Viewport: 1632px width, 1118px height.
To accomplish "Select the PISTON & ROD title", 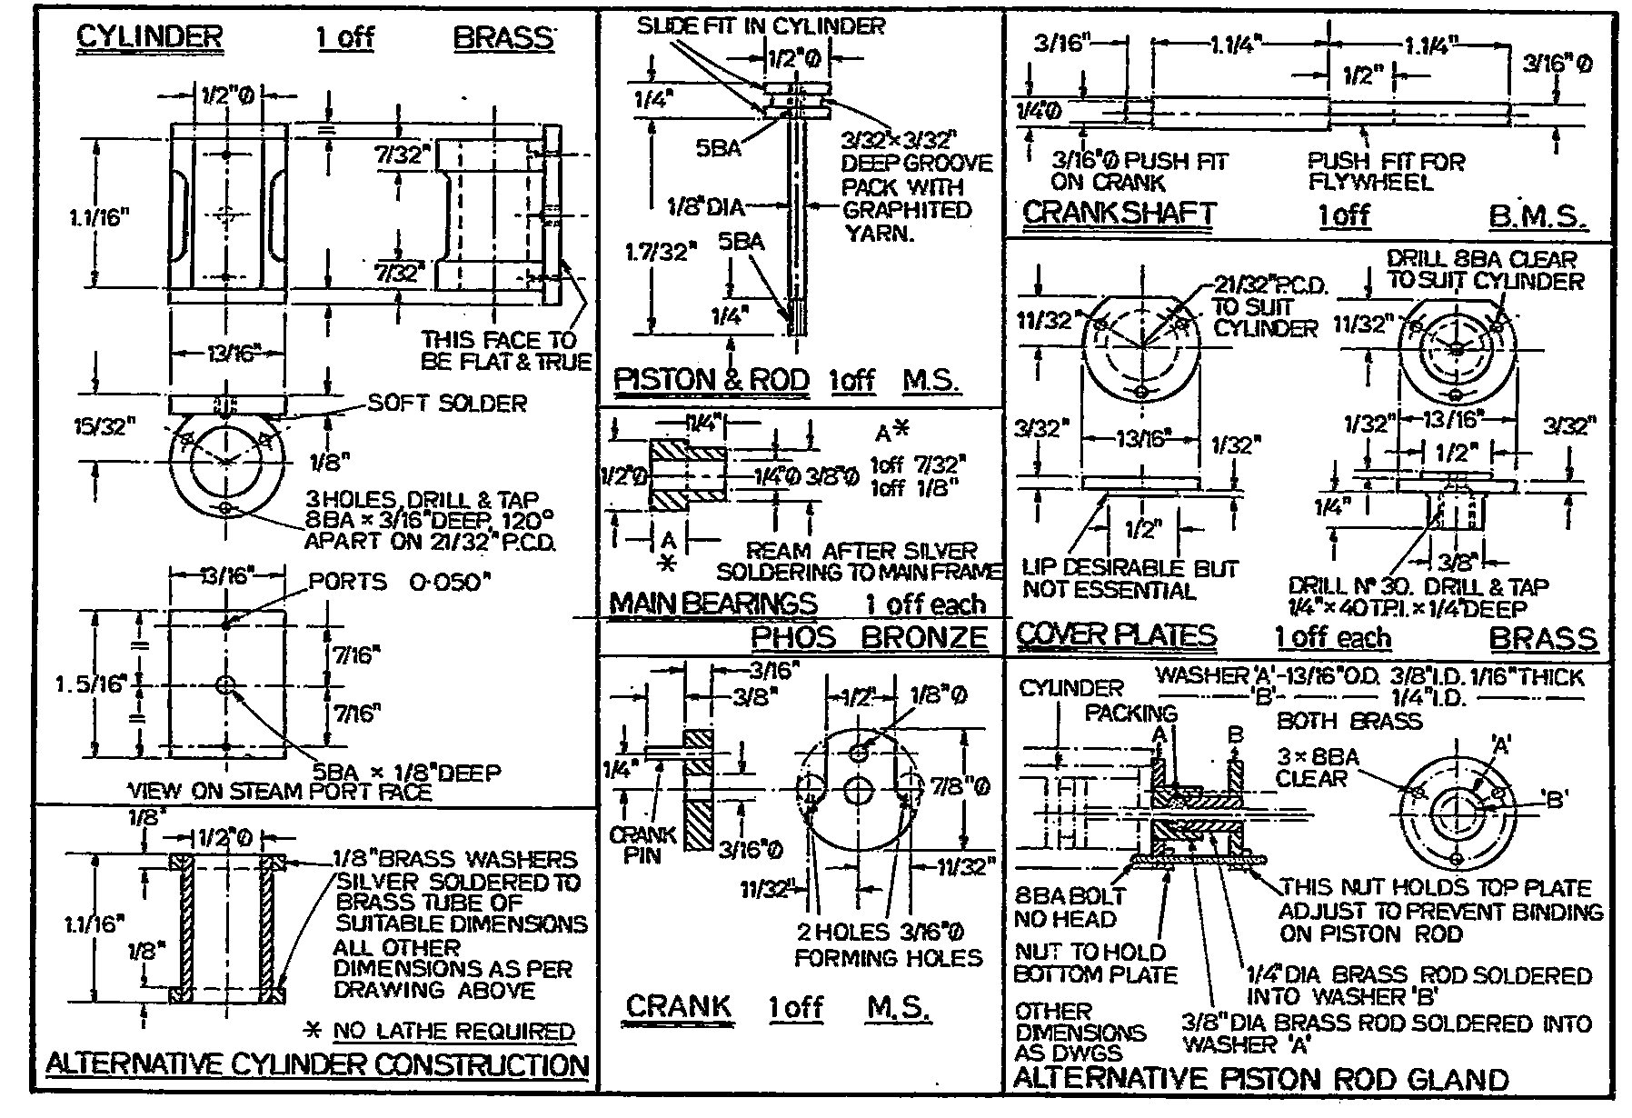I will pos(711,380).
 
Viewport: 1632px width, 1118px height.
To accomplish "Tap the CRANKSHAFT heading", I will pos(1119,214).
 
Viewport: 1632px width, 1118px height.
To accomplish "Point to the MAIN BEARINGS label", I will pos(712,604).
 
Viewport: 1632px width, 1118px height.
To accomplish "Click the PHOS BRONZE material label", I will pos(869,637).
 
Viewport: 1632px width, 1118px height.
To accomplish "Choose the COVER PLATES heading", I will pos(1115,634).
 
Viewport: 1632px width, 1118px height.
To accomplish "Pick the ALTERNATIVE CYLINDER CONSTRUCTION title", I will pos(316,1064).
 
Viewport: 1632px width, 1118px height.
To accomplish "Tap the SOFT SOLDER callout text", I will pos(447,403).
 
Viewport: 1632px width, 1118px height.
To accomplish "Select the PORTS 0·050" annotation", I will pos(398,582).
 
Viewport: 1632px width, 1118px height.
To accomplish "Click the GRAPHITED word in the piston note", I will pos(906,210).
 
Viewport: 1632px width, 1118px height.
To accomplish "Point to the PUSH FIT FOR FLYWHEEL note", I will pos(1385,172).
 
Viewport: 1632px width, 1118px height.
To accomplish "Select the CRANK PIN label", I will pos(642,843).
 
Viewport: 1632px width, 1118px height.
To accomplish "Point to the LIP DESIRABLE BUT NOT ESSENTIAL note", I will pos(1129,579).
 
